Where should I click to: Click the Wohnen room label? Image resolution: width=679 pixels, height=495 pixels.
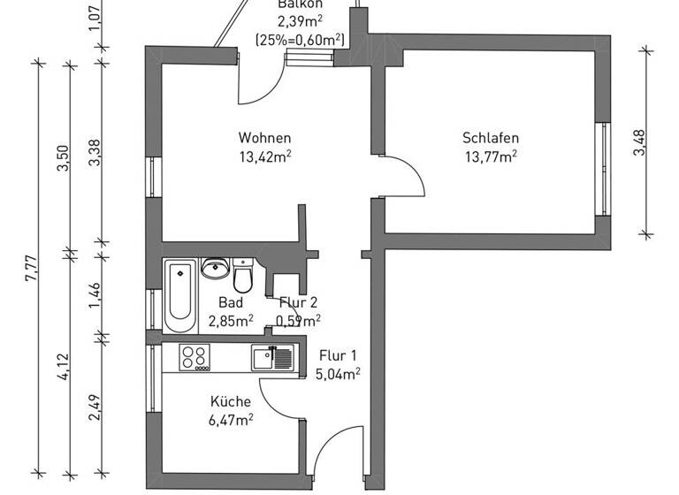(264, 139)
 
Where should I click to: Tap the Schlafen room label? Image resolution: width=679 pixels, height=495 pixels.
(490, 139)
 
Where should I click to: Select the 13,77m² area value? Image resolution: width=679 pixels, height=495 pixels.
(490, 156)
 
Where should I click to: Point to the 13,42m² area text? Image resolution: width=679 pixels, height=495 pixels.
(264, 156)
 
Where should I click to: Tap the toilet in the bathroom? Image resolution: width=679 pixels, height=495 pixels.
(243, 278)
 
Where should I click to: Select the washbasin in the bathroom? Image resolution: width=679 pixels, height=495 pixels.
(215, 269)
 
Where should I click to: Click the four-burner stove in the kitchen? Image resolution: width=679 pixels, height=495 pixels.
(195, 357)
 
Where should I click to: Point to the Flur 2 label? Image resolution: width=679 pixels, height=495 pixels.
(298, 302)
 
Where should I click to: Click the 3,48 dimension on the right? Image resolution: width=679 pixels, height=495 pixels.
(639, 141)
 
